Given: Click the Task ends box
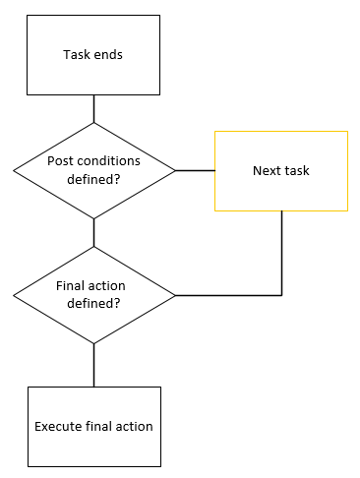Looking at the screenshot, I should pos(93,55).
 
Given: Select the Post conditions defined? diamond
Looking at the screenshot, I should pos(93,170).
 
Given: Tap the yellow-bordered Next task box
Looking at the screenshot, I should pos(281,170).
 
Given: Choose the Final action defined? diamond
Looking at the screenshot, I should pos(93,295).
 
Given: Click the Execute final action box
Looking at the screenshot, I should pos(93,426).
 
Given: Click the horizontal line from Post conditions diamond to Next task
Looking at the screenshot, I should pos(195,170).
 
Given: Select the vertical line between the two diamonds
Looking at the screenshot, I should pos(93,233).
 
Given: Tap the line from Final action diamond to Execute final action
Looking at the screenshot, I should pos(93,364).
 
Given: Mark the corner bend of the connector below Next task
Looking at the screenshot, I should pos(282,295).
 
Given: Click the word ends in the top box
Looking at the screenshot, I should pos(108,55).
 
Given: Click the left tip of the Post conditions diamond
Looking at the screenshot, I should pos(15,170).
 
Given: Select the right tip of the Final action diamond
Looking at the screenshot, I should pos(174,295).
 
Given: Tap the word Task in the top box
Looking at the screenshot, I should pos(77,55).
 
